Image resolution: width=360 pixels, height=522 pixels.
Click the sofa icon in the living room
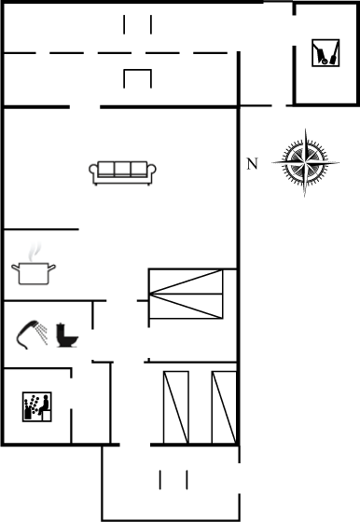click(x=123, y=171)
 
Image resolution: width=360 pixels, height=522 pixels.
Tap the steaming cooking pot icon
click(x=34, y=272)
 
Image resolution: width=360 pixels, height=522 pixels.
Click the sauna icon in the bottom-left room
click(x=36, y=405)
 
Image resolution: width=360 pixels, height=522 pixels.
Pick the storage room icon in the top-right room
click(x=323, y=53)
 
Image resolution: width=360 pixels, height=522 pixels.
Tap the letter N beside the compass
click(x=251, y=164)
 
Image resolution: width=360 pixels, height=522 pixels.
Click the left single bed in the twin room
click(x=175, y=406)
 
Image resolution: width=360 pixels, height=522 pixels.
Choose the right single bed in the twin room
click(x=224, y=406)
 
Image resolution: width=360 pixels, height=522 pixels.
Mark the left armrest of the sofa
click(x=93, y=171)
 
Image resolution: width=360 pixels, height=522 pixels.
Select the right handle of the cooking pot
click(x=54, y=268)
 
